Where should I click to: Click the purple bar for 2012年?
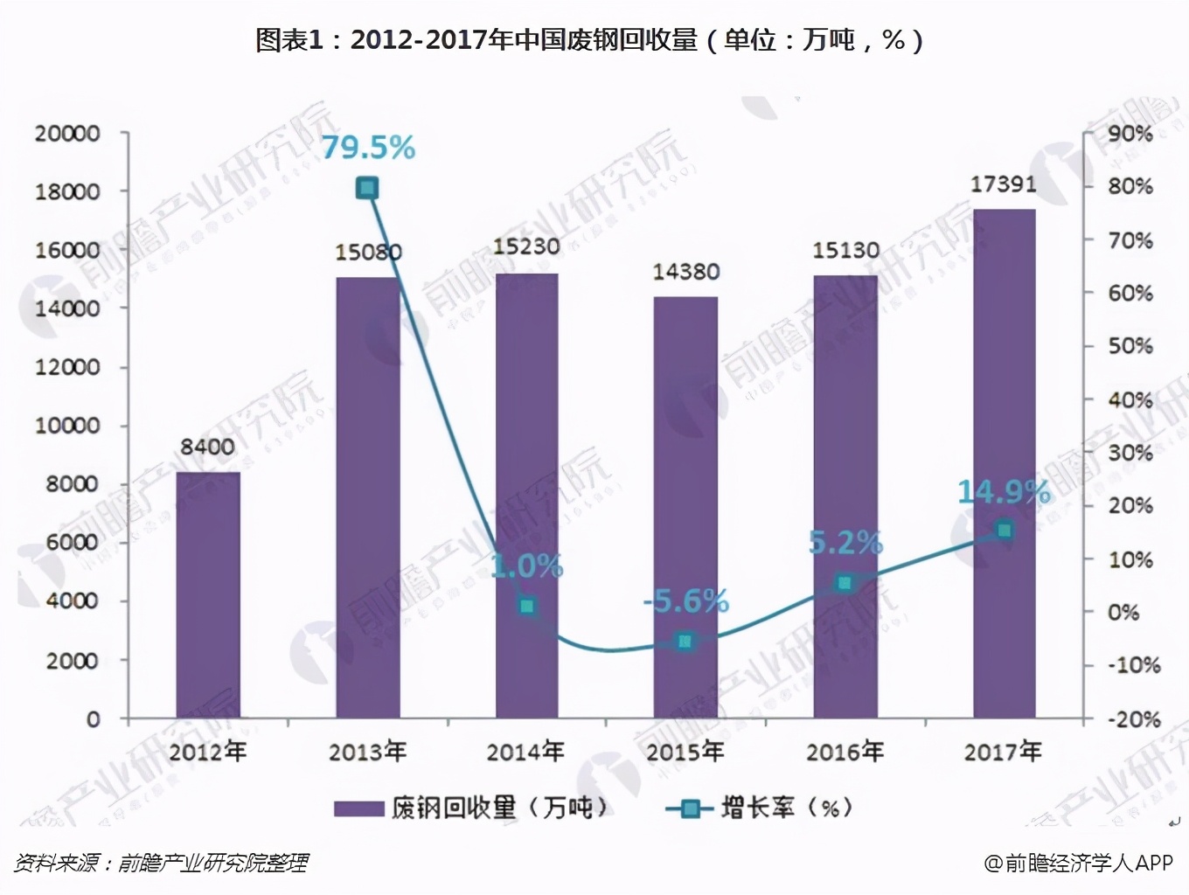tap(208, 594)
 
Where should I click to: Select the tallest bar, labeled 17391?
tap(1004, 463)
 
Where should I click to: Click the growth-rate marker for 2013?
tap(367, 188)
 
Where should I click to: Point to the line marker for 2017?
tap(1005, 530)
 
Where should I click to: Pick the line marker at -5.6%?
tap(685, 642)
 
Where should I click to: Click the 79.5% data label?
tap(368, 148)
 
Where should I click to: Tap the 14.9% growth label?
tap(1003, 492)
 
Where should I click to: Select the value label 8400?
tap(207, 447)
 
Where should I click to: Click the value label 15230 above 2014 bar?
tap(526, 246)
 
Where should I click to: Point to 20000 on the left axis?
tap(67, 134)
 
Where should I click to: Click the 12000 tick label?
tap(67, 367)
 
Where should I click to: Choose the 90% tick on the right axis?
tap(1130, 134)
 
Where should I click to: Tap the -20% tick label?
tap(1134, 719)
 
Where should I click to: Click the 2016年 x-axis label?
tap(845, 751)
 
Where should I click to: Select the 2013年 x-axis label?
tap(367, 751)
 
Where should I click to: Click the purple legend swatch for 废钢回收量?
tap(358, 808)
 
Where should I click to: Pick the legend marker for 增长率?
tap(690, 808)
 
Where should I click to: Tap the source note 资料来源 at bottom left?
tap(161, 864)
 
